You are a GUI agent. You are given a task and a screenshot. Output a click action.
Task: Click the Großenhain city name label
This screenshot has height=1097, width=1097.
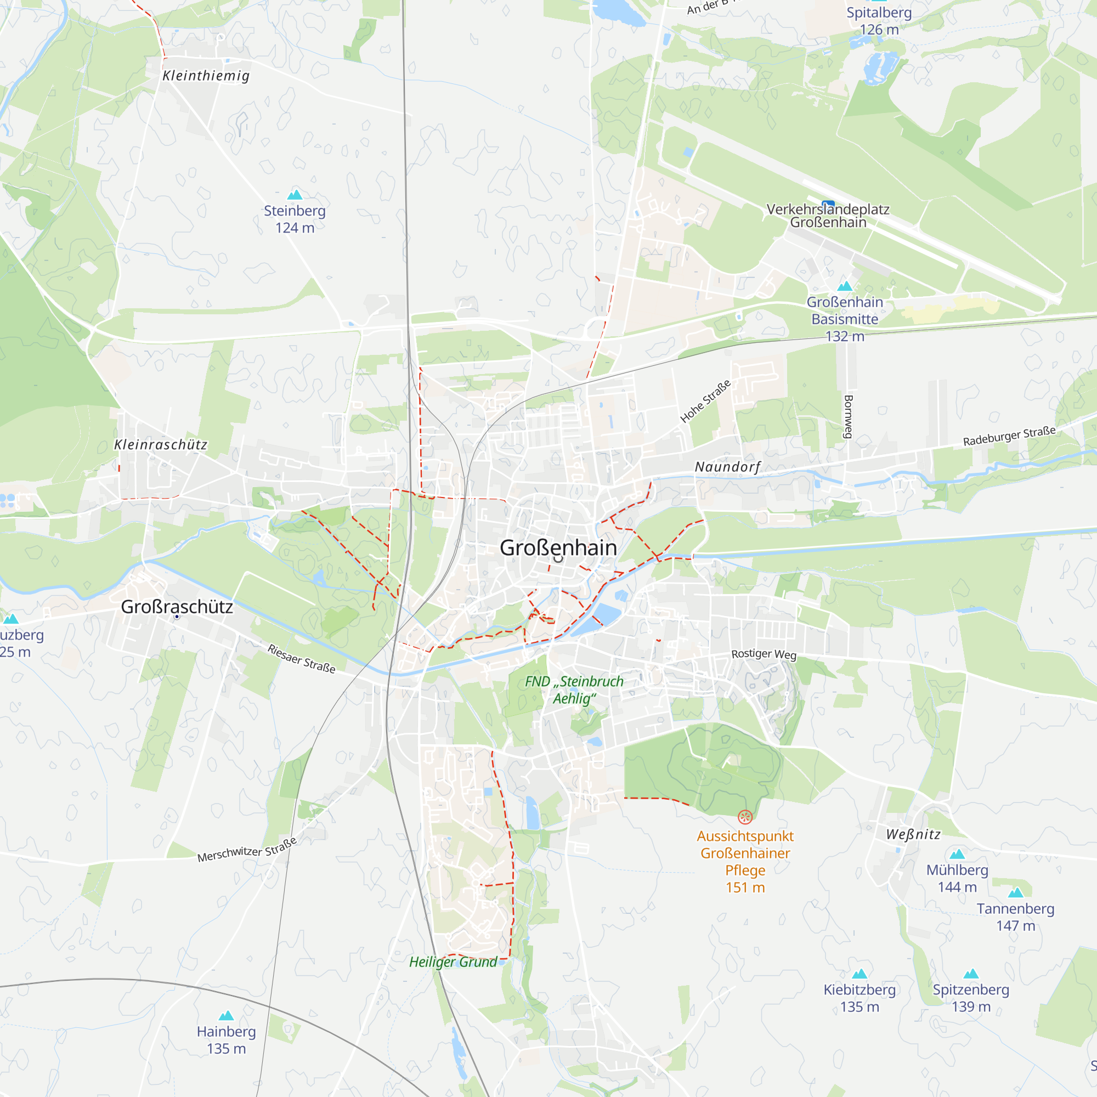coord(558,548)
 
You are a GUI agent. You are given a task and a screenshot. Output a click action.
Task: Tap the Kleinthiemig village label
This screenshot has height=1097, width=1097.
coord(206,76)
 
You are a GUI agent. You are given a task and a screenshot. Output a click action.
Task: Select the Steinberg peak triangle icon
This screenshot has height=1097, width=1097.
coord(295,195)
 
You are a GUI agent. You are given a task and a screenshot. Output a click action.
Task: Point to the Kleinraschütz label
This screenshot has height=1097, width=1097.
coord(161,445)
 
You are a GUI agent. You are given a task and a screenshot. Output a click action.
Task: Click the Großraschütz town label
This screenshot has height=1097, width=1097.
coord(177,607)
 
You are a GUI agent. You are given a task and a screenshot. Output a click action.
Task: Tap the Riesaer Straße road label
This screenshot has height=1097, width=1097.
coord(302,659)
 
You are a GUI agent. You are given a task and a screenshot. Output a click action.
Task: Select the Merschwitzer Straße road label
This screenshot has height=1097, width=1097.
coord(247,850)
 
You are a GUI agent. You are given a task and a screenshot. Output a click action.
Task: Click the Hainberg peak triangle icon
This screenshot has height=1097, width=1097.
coord(227,1016)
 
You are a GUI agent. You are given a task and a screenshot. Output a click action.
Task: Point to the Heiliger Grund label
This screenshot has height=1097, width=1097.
coord(453,962)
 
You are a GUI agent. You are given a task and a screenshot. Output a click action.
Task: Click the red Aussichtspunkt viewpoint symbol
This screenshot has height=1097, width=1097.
coord(745,817)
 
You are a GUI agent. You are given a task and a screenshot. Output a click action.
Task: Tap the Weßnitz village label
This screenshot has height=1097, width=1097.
coord(914,834)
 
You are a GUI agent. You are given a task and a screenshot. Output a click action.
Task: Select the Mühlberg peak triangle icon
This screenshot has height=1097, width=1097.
coord(957,854)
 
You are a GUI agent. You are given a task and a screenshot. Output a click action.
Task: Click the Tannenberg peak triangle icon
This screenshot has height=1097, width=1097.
coord(1016,892)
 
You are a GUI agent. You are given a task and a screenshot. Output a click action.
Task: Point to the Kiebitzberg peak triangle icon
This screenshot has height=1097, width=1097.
coord(859,974)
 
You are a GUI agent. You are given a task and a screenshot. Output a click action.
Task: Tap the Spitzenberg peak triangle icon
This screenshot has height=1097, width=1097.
coord(971,974)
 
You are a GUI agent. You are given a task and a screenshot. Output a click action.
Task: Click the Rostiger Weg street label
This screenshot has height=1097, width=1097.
coord(764,654)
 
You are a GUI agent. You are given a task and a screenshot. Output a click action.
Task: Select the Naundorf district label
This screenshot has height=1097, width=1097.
coord(727,467)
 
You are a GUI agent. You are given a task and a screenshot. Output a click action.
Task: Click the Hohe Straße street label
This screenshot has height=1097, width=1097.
coord(705,402)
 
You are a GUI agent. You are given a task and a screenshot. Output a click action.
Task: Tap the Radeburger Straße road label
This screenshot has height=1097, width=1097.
coord(1009,436)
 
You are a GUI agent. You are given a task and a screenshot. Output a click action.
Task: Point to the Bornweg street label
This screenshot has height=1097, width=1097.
coord(849,417)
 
